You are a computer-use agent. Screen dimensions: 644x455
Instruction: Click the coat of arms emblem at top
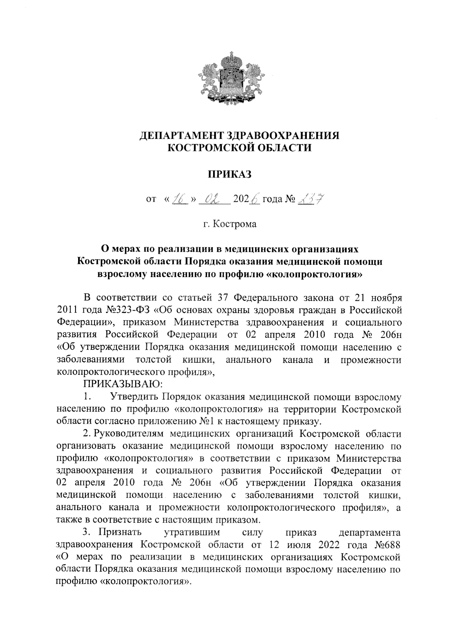coord(229,80)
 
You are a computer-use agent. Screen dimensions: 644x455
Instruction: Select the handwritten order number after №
coord(310,198)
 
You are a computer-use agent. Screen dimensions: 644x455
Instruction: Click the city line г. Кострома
coord(229,224)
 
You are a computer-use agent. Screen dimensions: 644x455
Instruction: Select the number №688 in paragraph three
coord(388,545)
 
